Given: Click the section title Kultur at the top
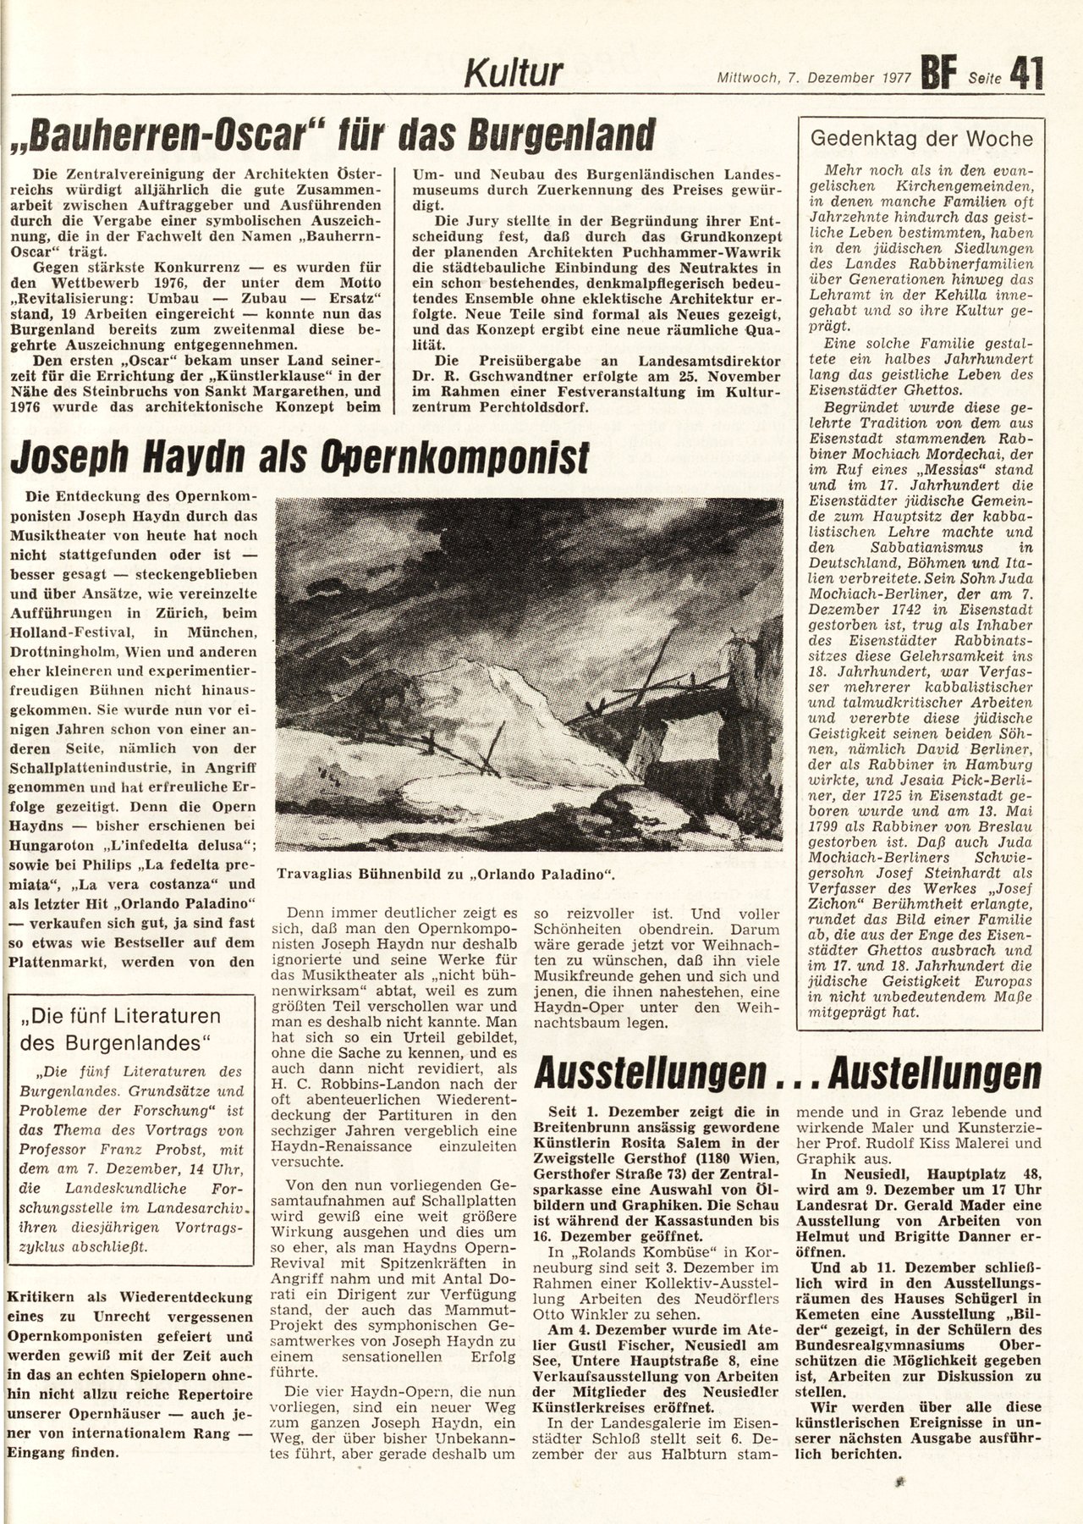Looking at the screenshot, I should [x=514, y=74].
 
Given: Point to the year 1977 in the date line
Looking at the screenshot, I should [x=891, y=77].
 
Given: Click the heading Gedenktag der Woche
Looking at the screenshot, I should [x=921, y=139].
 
